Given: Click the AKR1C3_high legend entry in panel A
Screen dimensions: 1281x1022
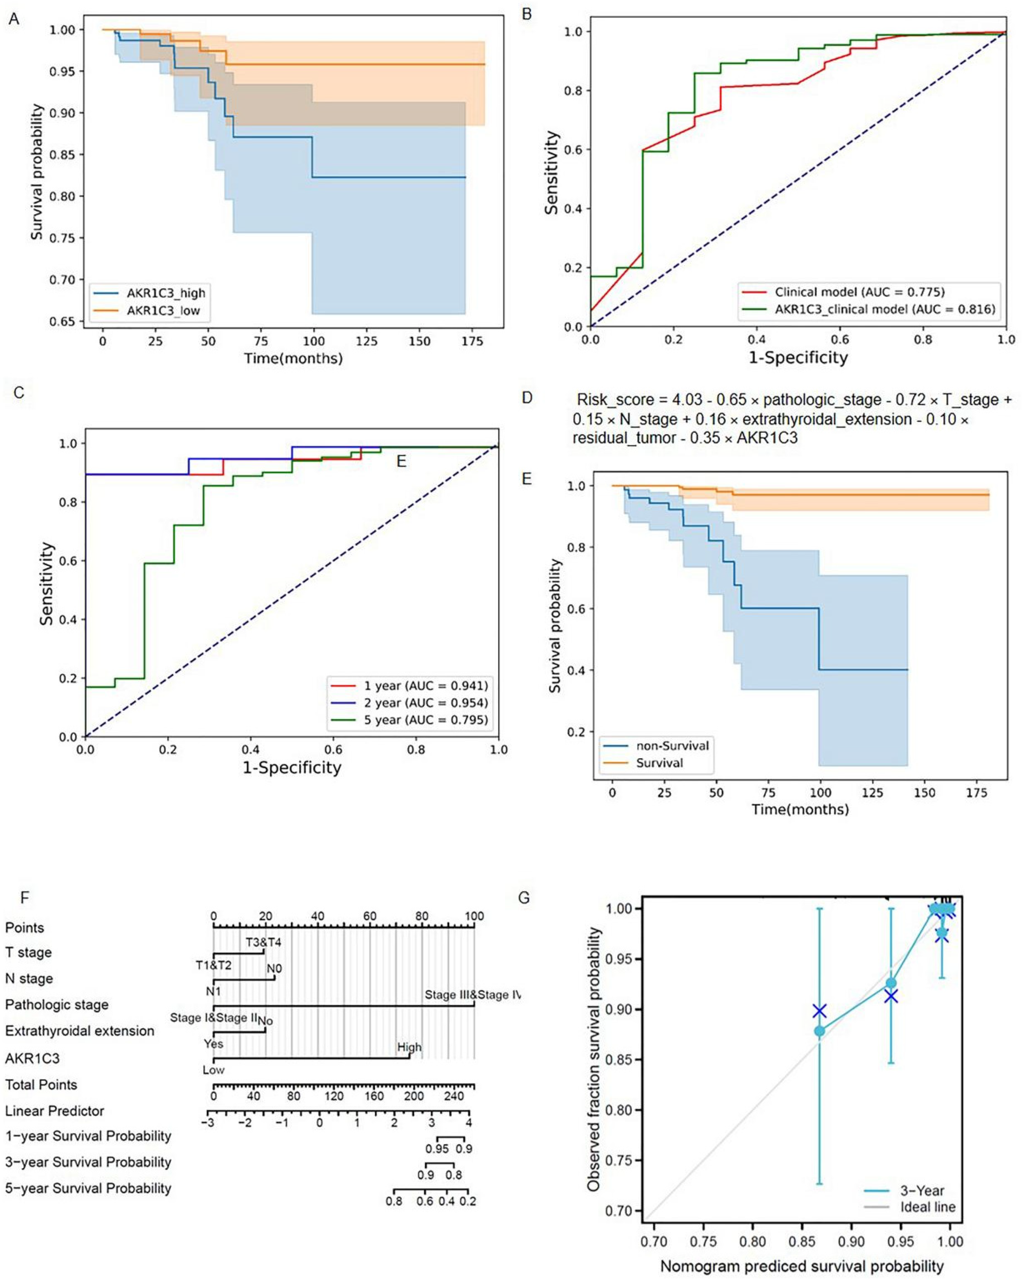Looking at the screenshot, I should tap(165, 293).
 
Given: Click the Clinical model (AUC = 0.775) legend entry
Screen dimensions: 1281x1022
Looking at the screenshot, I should tap(859, 292).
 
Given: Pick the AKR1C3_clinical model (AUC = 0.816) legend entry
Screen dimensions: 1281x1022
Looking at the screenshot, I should tap(884, 309).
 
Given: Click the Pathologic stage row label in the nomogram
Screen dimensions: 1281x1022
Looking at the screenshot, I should tap(56, 1005).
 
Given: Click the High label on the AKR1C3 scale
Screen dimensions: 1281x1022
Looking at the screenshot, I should tap(409, 1047).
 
